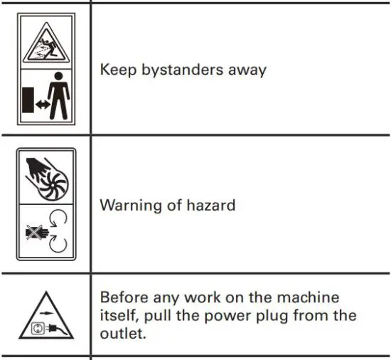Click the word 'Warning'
[128, 206]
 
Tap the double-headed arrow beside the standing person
[41, 103]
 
